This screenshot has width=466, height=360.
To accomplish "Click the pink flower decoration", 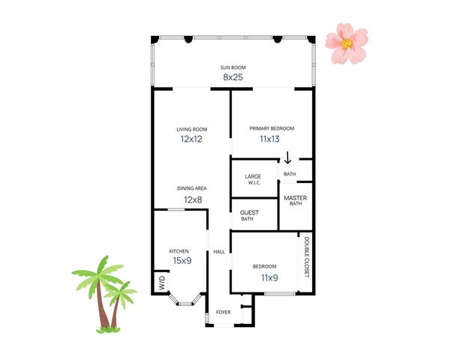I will click(347, 43).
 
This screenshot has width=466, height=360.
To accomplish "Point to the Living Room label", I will click(191, 129).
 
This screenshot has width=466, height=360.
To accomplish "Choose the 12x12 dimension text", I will click(191, 139).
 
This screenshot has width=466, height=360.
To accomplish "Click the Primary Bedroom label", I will click(272, 129).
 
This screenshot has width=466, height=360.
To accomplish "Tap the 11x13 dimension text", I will click(269, 139).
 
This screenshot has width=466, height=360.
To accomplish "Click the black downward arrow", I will click(287, 159).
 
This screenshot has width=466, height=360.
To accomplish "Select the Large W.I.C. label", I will click(253, 181).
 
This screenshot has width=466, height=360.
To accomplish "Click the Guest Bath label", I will click(249, 215).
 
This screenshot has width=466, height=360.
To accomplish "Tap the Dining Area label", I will click(192, 188).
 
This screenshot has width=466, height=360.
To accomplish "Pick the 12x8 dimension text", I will click(192, 199).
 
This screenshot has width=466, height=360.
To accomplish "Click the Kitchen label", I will click(179, 250).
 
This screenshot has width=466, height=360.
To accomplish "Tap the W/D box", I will click(161, 283).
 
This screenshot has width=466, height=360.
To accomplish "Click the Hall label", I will click(219, 251).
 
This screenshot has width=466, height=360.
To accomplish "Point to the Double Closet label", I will click(307, 256).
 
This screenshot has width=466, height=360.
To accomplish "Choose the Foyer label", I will click(224, 311).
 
